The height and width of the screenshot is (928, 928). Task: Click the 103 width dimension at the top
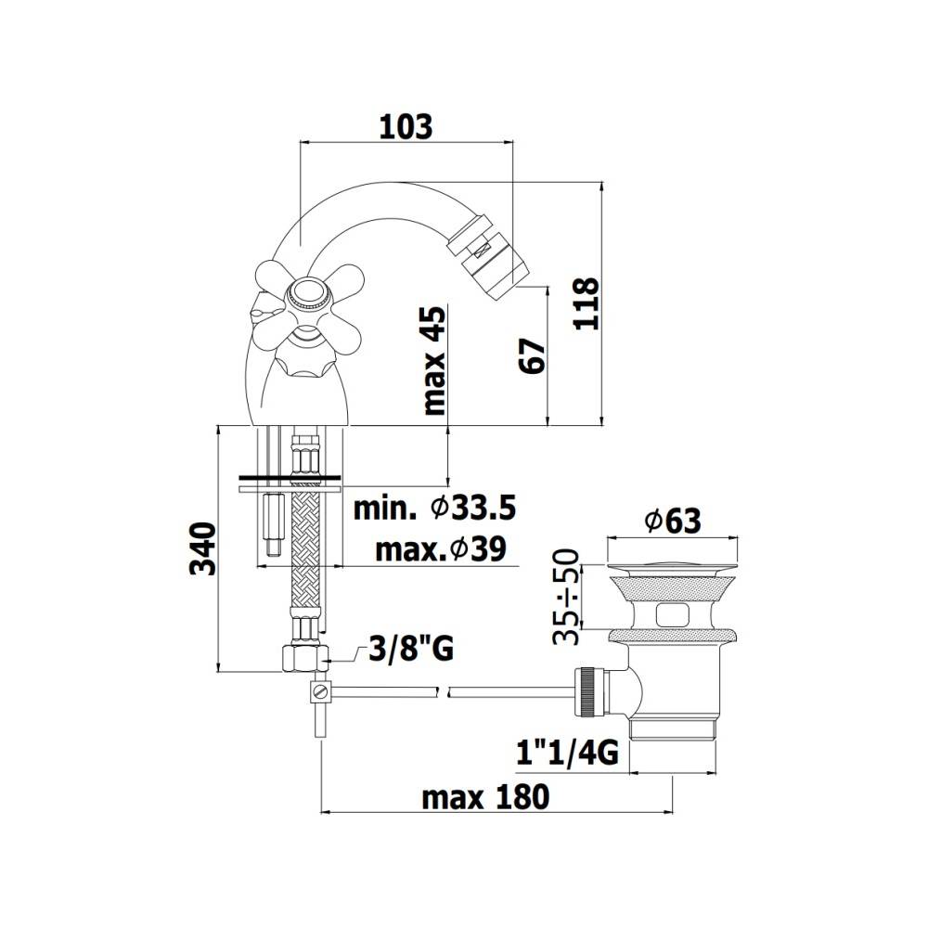406,126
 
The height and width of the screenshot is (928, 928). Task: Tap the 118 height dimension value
587,303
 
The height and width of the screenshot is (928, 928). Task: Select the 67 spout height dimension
532,355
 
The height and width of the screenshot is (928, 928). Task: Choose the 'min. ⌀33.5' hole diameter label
434,509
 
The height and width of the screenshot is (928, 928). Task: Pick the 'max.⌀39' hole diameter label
440,549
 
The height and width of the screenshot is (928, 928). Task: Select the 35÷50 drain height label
568,596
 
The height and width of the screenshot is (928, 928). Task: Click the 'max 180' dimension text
485,796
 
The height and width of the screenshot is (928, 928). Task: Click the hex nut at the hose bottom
303,660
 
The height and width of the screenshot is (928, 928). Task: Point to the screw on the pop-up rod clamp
321,690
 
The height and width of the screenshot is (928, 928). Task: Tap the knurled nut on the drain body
587,691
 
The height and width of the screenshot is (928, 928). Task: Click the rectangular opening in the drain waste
674,614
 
